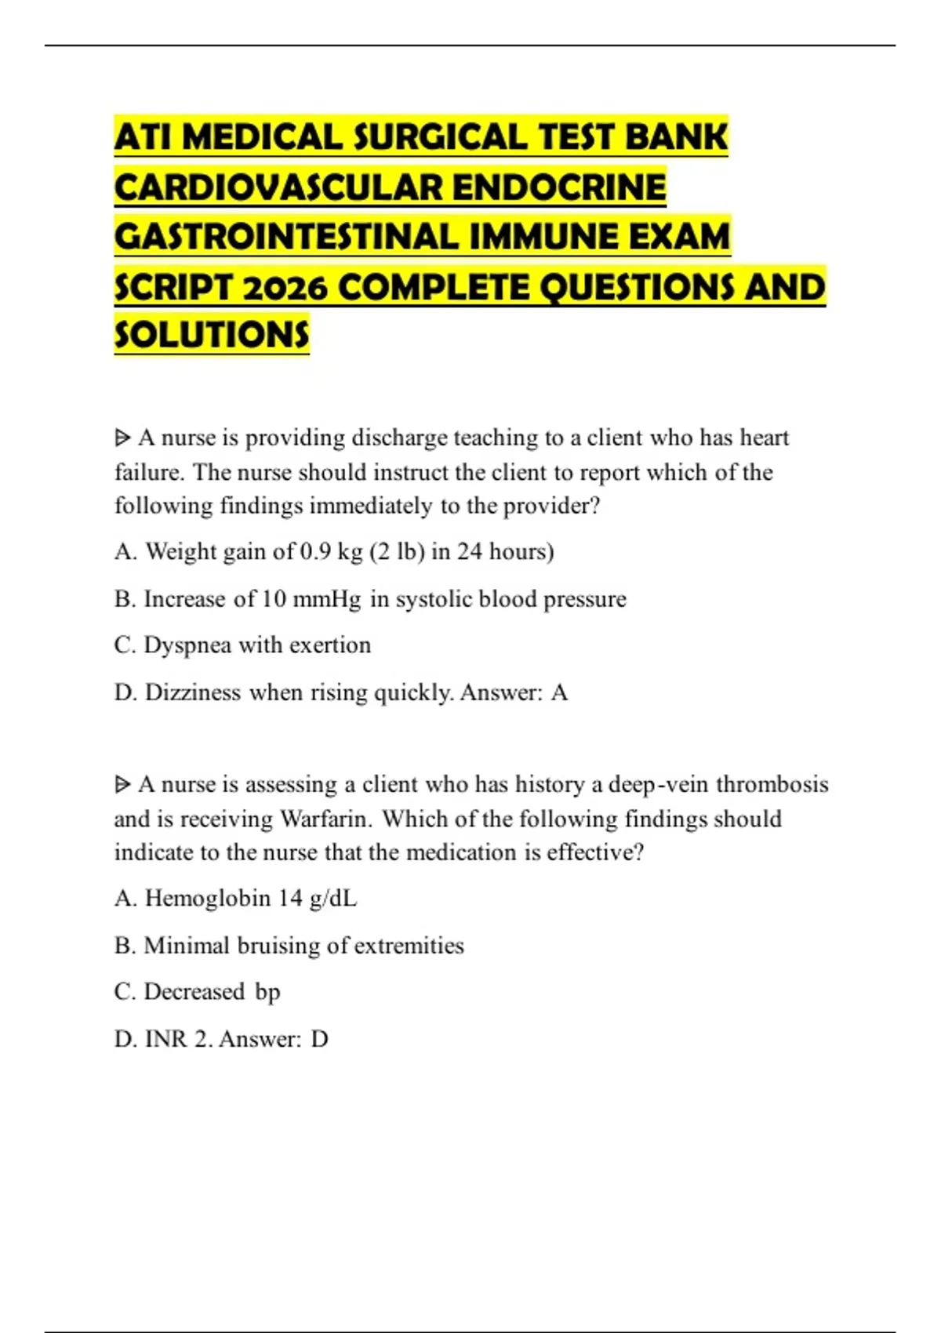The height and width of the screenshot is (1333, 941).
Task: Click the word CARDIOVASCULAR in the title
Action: click(x=280, y=187)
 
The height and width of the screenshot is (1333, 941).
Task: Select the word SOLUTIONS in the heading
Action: click(x=212, y=335)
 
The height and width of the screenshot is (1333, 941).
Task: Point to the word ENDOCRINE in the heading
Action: click(x=559, y=187)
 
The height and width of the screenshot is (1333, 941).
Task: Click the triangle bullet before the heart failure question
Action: click(x=122, y=438)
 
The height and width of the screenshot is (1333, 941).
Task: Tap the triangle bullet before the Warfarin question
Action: click(x=122, y=784)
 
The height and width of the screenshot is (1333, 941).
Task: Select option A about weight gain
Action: click(x=334, y=552)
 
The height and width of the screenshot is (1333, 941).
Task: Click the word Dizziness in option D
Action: click(x=193, y=692)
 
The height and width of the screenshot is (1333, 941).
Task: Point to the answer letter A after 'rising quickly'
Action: click(x=559, y=692)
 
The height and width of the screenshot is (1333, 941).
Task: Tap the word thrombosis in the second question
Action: click(x=772, y=784)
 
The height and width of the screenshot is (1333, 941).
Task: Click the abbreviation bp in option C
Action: click(x=267, y=993)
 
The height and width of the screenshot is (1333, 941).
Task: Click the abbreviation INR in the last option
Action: click(x=166, y=1039)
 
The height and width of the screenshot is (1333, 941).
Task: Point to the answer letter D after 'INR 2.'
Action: click(x=319, y=1039)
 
